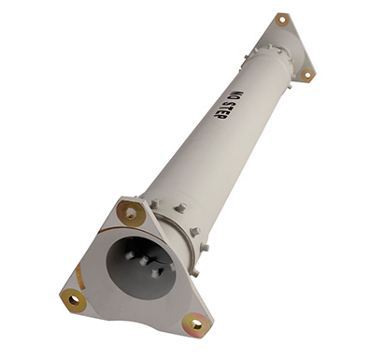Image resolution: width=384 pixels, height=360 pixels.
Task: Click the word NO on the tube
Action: pos(237,96)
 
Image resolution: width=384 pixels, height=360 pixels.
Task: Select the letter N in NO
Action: pos(240,94)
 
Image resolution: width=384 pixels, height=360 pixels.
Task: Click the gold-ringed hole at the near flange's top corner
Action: pos(131,213)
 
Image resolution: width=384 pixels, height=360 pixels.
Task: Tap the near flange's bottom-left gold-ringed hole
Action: pos(73,300)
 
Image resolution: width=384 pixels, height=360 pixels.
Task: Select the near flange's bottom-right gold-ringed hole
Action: pos(196,325)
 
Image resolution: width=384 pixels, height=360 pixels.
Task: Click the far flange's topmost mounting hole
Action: pos(282,20)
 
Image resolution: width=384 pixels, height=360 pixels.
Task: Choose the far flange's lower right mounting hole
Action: pos(307,75)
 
